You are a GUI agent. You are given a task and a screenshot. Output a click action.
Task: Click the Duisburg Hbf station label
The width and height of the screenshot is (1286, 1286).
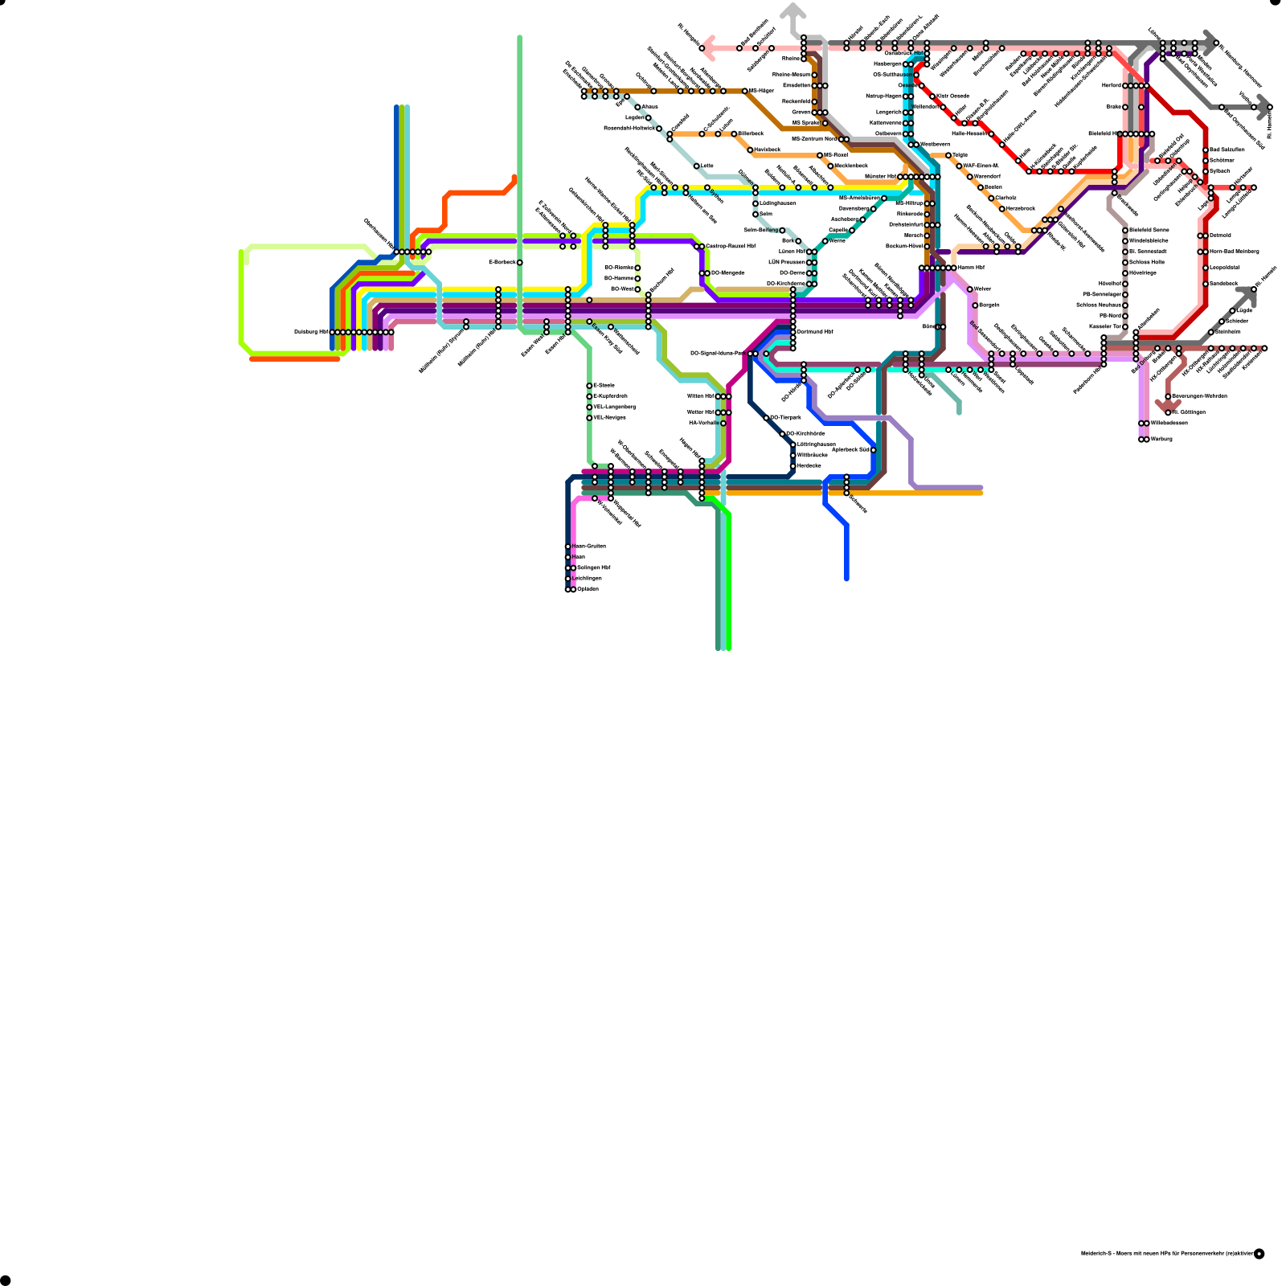pyautogui.click(x=311, y=332)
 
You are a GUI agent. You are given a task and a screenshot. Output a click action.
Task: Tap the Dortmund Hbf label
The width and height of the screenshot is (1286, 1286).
pyautogui.click(x=815, y=332)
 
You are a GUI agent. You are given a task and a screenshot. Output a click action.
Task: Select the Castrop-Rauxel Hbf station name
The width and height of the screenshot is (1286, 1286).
pyautogui.click(x=731, y=247)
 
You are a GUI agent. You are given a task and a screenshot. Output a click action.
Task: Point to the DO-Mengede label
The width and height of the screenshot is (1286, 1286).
pyautogui.click(x=728, y=273)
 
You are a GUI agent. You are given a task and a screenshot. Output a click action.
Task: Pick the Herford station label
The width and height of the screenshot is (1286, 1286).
pyautogui.click(x=1112, y=85)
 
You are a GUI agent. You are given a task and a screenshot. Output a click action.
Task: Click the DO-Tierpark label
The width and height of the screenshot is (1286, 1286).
pyautogui.click(x=786, y=418)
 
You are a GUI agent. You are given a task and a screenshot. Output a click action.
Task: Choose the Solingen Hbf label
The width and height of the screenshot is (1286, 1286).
pyautogui.click(x=594, y=568)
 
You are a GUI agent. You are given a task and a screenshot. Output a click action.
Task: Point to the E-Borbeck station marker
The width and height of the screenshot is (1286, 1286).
pyautogui.click(x=520, y=263)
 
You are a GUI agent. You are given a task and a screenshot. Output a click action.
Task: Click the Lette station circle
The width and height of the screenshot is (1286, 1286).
pyautogui.click(x=696, y=166)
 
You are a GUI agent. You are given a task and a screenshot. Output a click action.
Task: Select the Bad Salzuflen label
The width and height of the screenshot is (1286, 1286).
pyautogui.click(x=1227, y=150)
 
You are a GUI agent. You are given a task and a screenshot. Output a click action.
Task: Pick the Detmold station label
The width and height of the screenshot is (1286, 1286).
pyautogui.click(x=1221, y=235)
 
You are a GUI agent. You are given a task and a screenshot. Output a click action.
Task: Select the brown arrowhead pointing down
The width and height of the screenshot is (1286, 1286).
pyautogui.click(x=1167, y=406)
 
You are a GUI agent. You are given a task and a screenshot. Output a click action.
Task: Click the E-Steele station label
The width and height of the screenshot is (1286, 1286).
pyautogui.click(x=604, y=386)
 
